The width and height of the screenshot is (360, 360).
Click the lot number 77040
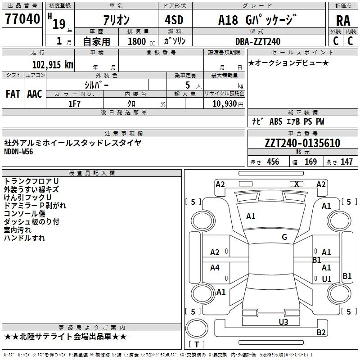coord(22,19)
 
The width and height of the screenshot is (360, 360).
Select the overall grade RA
coord(343,21)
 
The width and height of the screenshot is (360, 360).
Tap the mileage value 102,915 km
coord(53,64)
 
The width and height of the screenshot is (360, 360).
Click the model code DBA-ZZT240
coord(258,41)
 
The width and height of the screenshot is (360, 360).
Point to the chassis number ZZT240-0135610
coord(302,143)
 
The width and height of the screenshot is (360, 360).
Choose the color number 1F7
coord(74,104)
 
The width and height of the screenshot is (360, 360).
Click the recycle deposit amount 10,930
coord(225,104)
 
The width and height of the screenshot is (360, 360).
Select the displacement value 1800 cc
coord(141,41)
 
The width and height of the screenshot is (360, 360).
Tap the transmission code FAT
coord(13,94)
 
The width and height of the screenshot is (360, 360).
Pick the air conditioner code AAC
coord(35,94)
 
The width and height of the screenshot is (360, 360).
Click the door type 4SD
coord(174,20)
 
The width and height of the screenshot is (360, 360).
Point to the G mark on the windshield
coord(284,237)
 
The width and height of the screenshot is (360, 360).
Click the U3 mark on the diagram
coord(283,322)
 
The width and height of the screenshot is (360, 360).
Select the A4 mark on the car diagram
coord(215,267)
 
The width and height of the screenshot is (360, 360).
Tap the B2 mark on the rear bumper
coord(321,332)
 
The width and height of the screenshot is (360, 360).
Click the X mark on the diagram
coord(297,184)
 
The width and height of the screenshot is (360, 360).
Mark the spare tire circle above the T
coord(197,328)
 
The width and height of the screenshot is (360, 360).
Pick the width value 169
coord(310,162)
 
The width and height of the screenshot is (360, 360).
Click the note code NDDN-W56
coord(18,152)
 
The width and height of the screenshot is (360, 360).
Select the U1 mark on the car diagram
coord(327,279)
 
